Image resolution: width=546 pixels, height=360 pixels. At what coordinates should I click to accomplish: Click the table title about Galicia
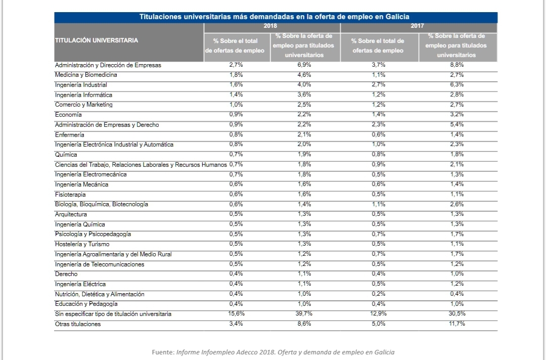point(275,17)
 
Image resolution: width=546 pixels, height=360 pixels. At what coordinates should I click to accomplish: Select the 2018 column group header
point(270,26)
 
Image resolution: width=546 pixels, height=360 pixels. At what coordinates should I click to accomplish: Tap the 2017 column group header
point(417,26)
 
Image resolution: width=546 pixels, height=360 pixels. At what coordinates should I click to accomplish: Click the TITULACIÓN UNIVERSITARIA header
point(97,40)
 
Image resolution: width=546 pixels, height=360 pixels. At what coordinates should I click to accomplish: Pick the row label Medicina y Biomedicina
point(86,75)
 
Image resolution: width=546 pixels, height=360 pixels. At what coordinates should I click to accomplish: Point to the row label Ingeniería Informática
point(83,95)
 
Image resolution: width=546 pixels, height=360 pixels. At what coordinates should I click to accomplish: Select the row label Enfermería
point(69,134)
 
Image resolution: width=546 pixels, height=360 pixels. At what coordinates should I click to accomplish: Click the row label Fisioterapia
point(70,195)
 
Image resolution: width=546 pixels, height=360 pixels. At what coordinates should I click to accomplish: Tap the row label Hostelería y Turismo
point(82,244)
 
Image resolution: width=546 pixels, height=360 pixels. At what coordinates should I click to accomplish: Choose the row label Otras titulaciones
point(78,324)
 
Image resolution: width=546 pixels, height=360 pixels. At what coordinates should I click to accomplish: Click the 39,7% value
point(304,313)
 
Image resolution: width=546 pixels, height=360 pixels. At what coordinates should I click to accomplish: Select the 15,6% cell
point(236,313)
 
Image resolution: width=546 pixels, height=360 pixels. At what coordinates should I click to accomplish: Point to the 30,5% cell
point(457,313)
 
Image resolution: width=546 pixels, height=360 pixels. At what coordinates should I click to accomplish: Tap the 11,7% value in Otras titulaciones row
point(457,324)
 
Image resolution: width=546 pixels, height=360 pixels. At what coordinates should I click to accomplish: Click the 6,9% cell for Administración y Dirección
point(304,65)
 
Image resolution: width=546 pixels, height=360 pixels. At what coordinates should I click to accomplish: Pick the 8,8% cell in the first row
point(457,65)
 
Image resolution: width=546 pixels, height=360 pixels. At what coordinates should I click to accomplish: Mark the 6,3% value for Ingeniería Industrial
point(457,84)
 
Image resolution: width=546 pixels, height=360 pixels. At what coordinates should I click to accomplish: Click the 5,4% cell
point(457,125)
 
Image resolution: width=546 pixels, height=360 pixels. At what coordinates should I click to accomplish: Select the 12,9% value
point(378,313)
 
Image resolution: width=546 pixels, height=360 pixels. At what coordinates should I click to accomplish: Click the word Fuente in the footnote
point(163,352)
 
